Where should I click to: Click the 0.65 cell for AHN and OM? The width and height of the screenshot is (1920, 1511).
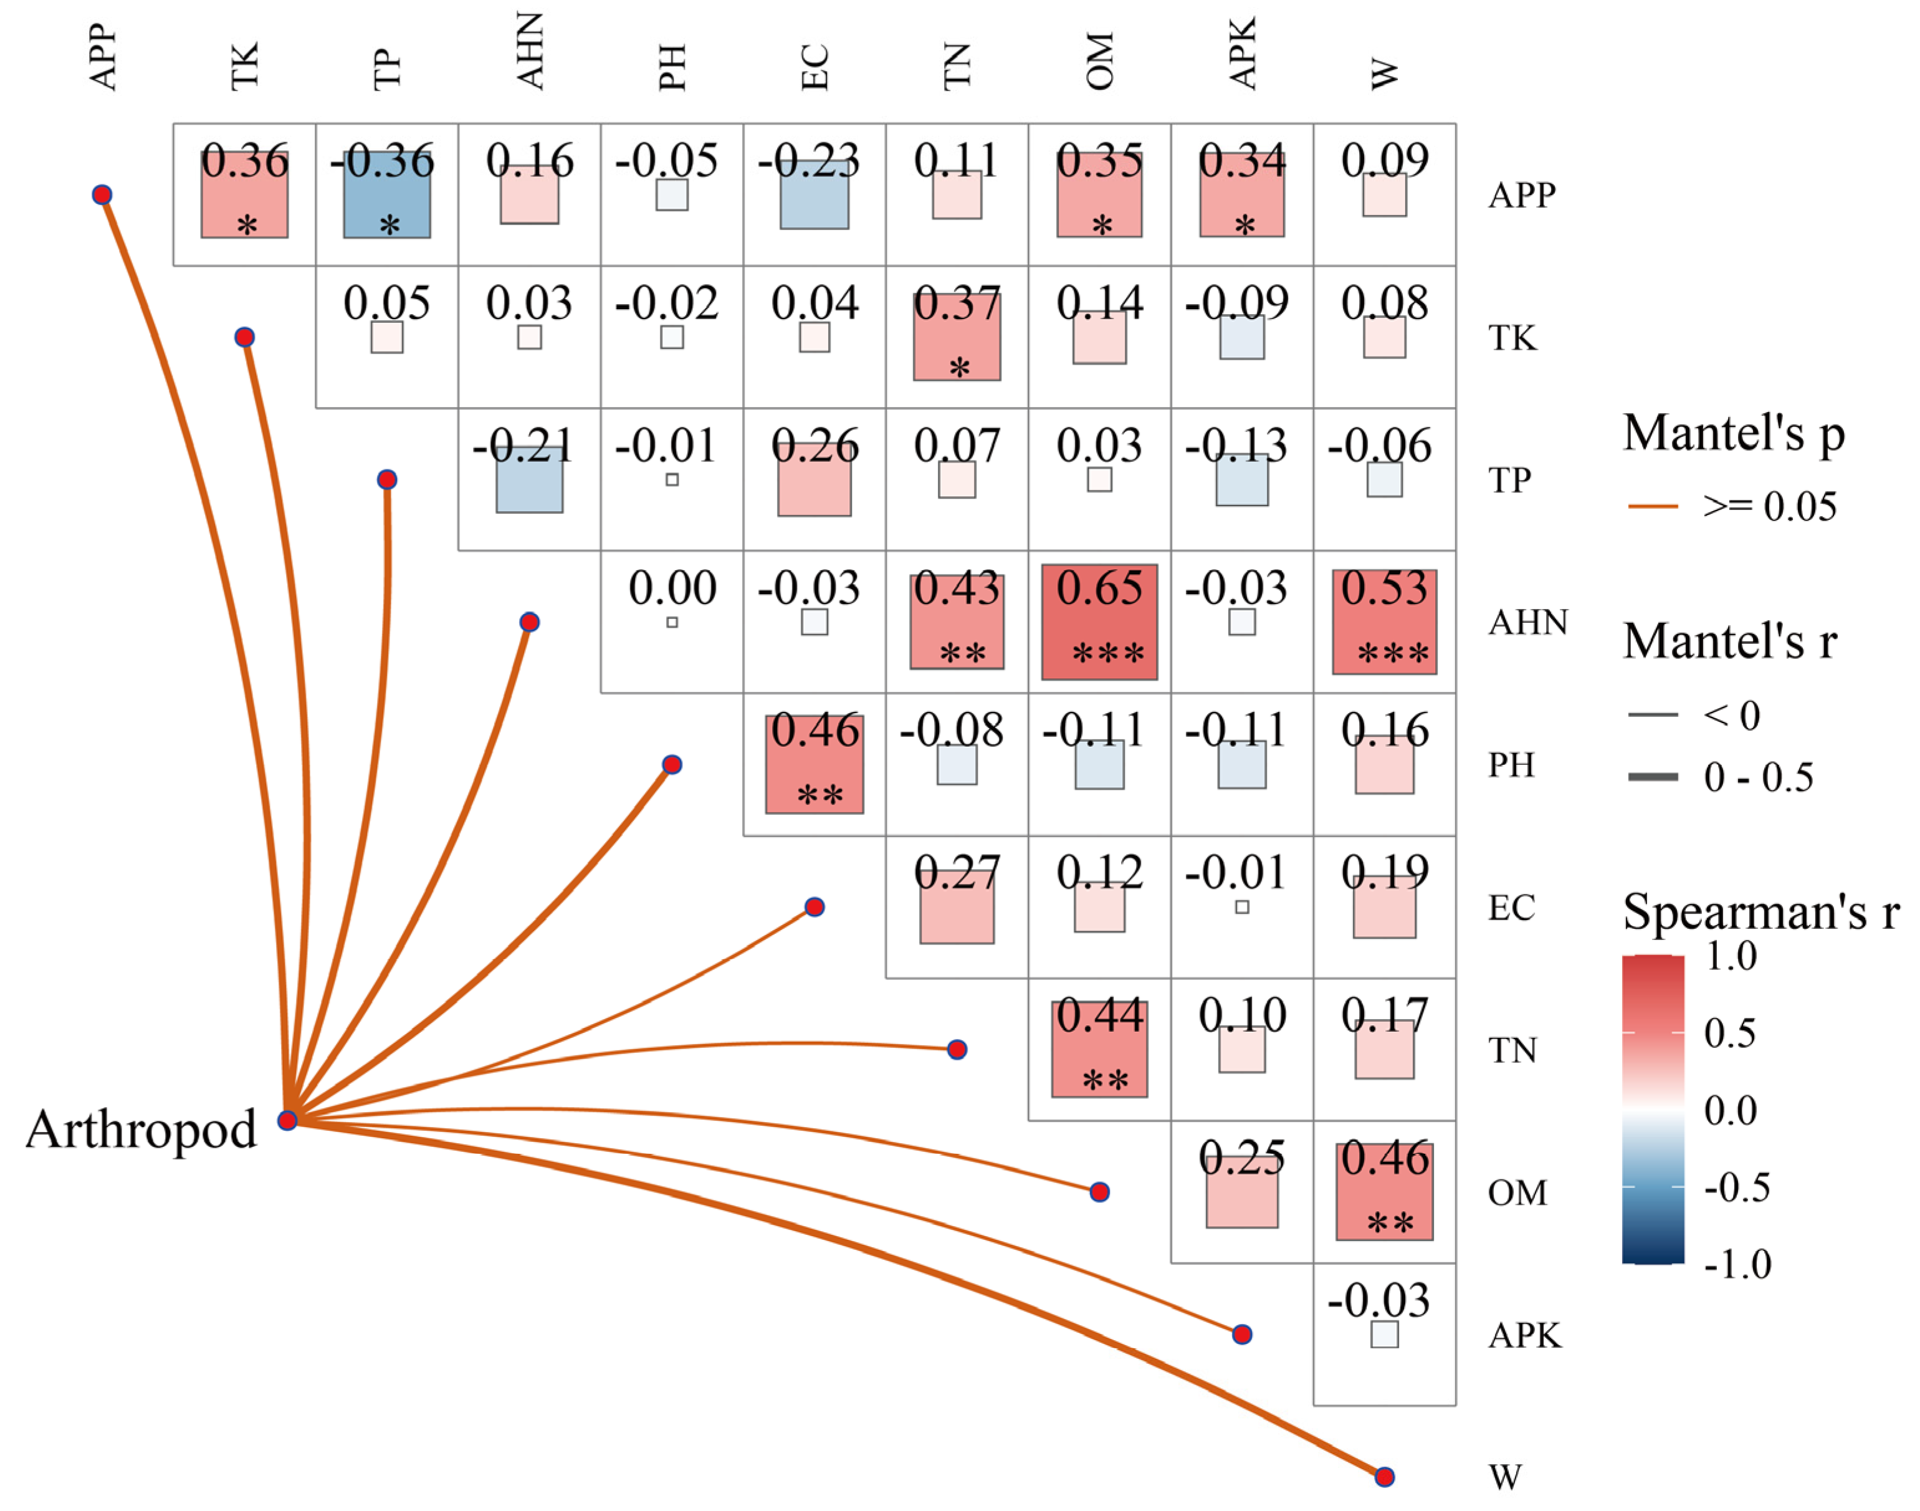point(1099,622)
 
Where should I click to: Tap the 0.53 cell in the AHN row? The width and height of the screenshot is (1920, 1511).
point(1384,622)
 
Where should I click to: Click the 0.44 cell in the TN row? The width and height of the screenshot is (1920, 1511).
point(1099,1049)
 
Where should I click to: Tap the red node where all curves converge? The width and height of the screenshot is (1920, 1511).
point(287,1121)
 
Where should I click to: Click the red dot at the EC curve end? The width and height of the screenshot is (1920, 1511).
point(814,907)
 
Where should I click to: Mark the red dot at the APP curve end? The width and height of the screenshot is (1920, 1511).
point(102,194)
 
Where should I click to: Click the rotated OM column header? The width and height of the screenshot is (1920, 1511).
point(1099,62)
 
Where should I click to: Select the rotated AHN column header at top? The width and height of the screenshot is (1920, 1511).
point(529,51)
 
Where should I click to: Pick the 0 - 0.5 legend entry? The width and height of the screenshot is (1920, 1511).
point(1758,777)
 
